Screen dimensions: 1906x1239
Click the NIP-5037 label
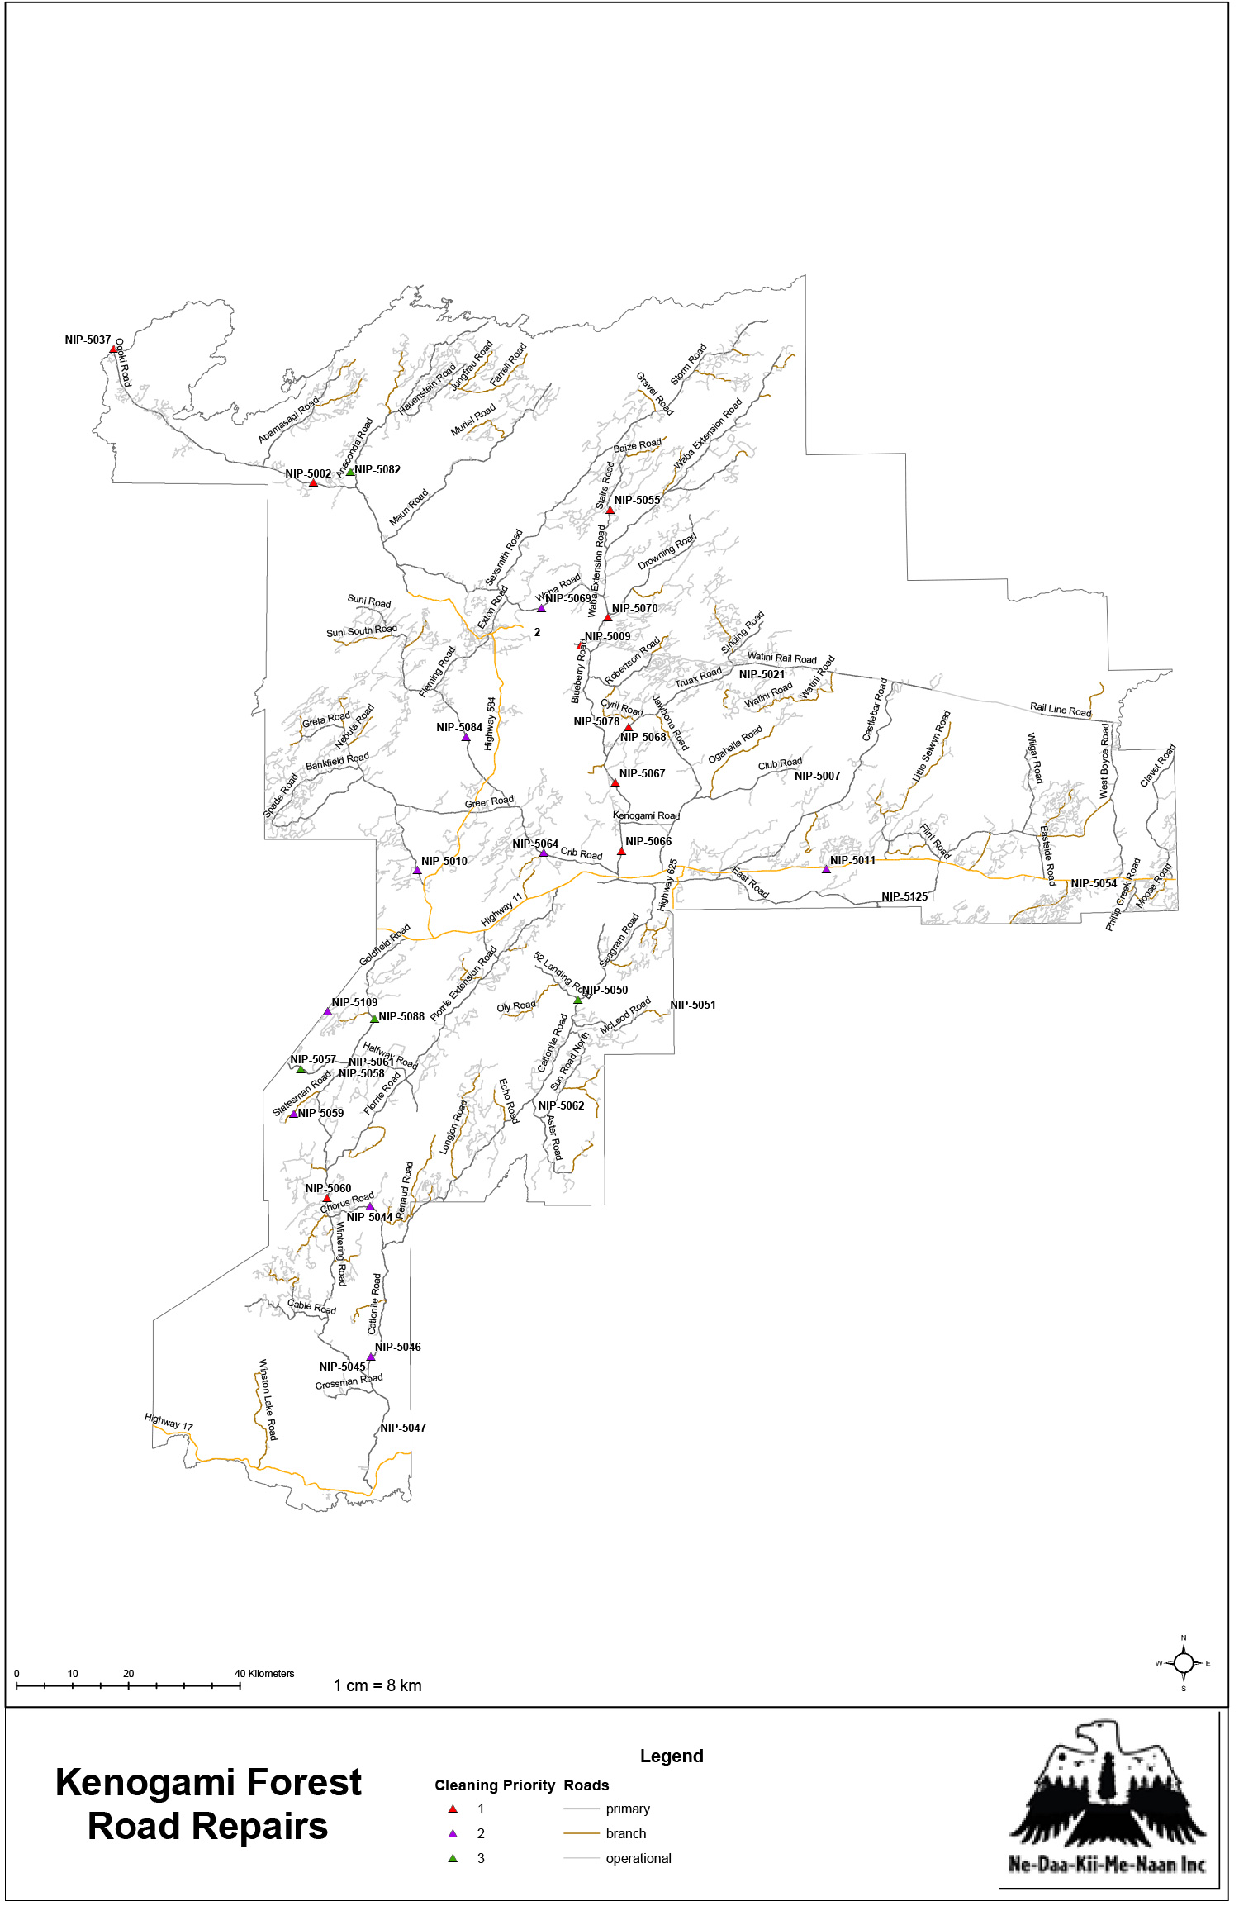(88, 340)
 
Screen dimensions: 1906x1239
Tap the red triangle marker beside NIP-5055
(610, 511)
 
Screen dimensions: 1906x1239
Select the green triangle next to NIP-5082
(350, 472)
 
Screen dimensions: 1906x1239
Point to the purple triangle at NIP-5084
(466, 737)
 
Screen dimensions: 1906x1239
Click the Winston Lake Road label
(268, 1400)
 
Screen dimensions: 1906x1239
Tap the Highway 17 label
(169, 1421)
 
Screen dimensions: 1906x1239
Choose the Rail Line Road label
(1061, 710)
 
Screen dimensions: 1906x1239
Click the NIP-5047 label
(403, 1428)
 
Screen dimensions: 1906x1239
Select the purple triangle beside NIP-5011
(826, 869)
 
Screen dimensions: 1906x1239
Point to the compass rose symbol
(1184, 1663)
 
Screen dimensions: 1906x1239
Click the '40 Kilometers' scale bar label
(264, 1674)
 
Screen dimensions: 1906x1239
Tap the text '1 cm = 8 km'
(377, 1685)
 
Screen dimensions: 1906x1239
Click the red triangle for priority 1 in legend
(453, 1809)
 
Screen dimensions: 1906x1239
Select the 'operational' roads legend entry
(638, 1859)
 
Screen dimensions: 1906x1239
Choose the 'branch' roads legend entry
(625, 1834)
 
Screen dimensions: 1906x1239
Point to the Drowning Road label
(667, 551)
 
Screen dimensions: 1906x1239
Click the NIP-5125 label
(904, 896)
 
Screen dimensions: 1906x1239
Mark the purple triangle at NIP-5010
(417, 870)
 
